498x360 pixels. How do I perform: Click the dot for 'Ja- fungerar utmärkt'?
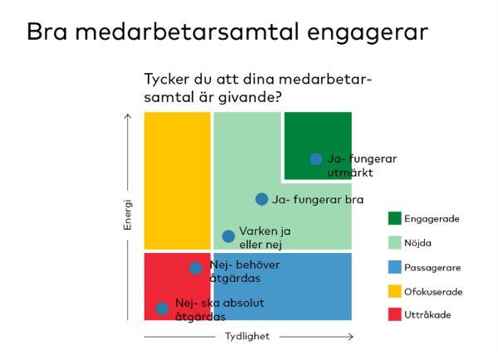click(316, 158)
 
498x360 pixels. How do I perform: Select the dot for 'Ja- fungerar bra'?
click(261, 199)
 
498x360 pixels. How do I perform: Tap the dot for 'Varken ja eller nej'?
click(228, 236)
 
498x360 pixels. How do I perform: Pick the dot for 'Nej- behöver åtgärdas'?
click(196, 268)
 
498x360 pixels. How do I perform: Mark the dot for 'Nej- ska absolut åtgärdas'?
click(162, 309)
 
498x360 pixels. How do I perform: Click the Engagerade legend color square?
click(394, 219)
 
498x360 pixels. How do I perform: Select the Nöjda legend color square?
click(394, 243)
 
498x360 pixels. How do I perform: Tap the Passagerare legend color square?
click(394, 267)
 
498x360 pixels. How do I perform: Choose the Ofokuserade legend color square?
click(394, 291)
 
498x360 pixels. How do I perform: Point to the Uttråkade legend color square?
click(394, 315)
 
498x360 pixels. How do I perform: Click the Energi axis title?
click(128, 215)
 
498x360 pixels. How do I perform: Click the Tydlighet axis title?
click(247, 337)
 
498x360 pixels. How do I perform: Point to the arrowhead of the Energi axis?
click(127, 116)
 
